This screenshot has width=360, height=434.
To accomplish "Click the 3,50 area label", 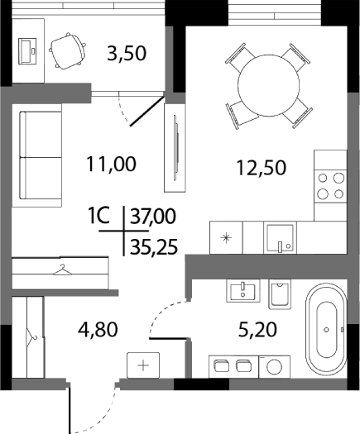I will coord(127,55).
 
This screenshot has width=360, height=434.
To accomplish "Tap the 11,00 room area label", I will coord(111,164).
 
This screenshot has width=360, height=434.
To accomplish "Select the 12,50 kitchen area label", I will coord(261,168).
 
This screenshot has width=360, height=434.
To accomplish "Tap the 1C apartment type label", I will coord(101,217).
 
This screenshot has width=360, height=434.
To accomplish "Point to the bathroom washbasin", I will coord(243,290).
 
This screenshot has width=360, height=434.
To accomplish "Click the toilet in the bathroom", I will coord(281,293).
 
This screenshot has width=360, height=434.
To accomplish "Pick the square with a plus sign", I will coord(142,365).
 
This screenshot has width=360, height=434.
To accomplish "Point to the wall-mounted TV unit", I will coord(175,142).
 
